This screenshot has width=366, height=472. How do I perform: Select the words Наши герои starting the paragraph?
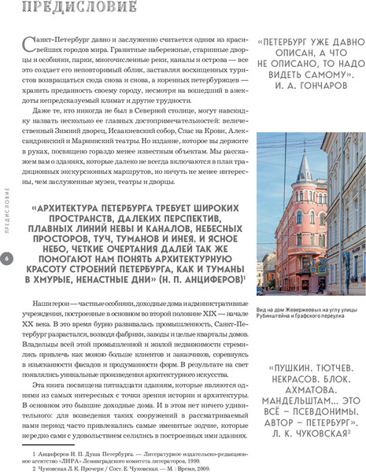click(x=50, y=304)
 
